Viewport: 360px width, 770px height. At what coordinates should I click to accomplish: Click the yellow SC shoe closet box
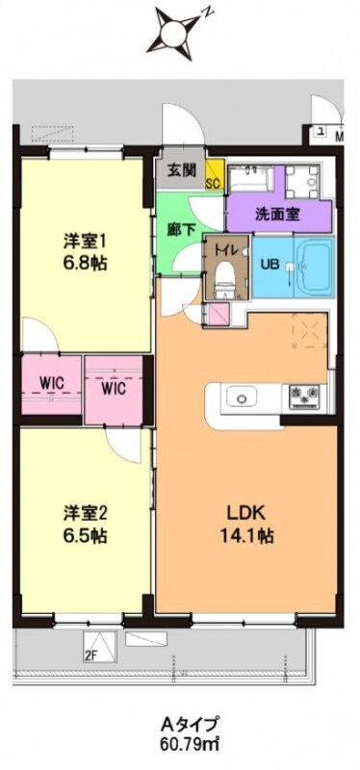tap(215, 179)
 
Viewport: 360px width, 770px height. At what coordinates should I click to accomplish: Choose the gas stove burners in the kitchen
tap(303, 393)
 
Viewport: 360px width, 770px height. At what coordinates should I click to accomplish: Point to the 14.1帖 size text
tap(246, 535)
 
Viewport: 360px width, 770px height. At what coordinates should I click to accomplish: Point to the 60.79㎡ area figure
tap(182, 743)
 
